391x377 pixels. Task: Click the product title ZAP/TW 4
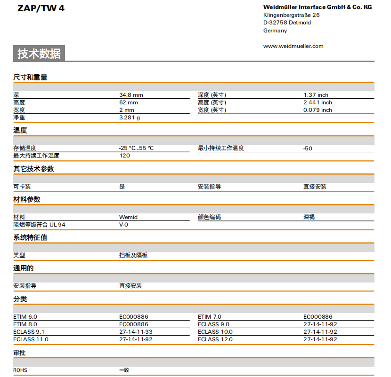(41, 8)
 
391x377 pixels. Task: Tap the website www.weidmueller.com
(293, 46)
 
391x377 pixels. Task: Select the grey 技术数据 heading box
(39, 54)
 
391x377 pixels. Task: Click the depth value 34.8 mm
(131, 95)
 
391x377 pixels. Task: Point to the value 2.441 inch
(318, 102)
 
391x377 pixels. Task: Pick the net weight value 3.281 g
(130, 118)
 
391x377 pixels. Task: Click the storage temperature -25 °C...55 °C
(136, 148)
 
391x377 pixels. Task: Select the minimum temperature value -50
(308, 149)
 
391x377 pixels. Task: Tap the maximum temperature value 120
(124, 156)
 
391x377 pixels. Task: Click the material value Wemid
(128, 217)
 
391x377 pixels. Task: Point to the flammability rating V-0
(123, 225)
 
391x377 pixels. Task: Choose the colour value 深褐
(309, 217)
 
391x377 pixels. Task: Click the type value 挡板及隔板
(133, 255)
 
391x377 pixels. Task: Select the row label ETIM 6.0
(25, 317)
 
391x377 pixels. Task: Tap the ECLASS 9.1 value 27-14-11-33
(136, 332)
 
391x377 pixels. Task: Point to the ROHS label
(20, 370)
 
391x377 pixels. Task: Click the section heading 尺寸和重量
(30, 77)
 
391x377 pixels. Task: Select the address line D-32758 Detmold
(287, 23)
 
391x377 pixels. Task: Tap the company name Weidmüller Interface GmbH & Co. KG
(318, 7)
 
